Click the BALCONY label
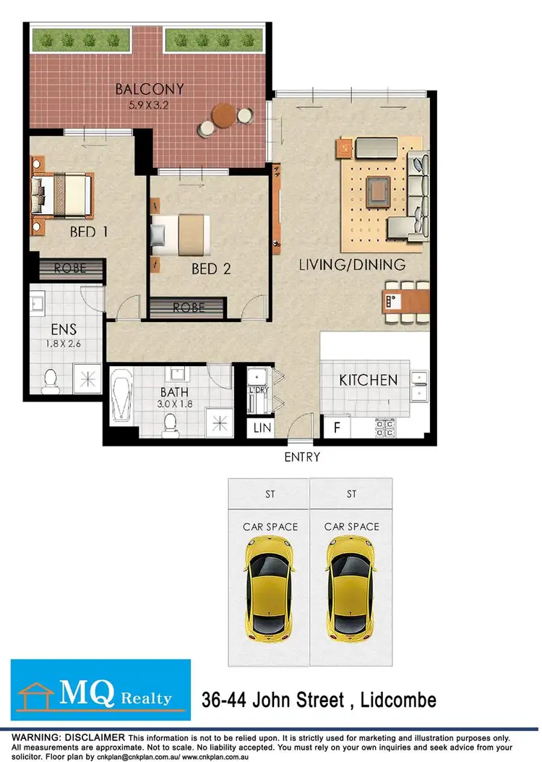(x=150, y=90)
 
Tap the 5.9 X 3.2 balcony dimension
(x=150, y=105)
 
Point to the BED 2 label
(x=211, y=269)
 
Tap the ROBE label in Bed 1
(x=70, y=268)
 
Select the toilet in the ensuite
(x=50, y=380)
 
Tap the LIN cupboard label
(x=261, y=428)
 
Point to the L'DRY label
(x=258, y=391)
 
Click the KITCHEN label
(x=369, y=380)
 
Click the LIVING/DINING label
(x=352, y=265)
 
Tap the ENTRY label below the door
(x=302, y=457)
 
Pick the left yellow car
(x=270, y=590)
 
